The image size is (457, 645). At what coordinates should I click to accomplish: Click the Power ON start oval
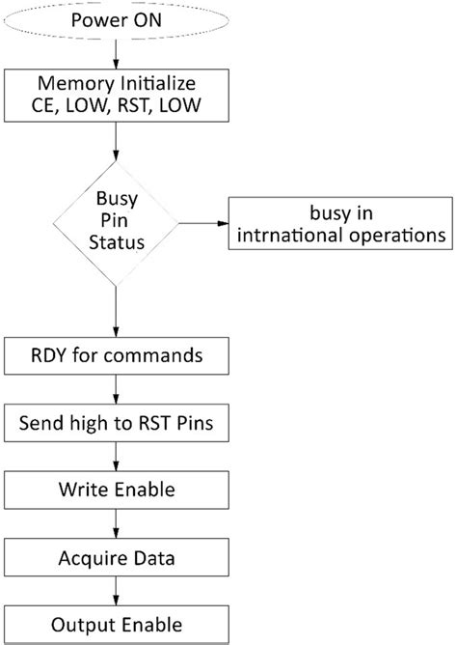pos(117,20)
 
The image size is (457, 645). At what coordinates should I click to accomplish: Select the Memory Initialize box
pos(117,94)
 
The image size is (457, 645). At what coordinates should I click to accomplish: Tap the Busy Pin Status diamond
pos(116,222)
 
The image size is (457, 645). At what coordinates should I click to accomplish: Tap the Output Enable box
pos(117,621)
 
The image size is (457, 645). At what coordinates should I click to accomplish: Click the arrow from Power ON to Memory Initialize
pos(117,53)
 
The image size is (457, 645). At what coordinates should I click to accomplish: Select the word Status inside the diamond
pos(116,241)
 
